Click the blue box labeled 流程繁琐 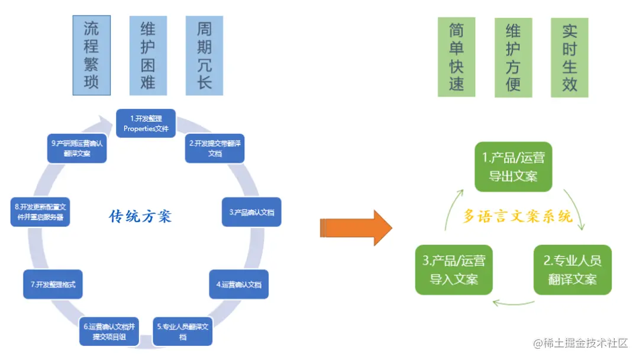(x=91, y=55)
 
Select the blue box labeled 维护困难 (x=148, y=55)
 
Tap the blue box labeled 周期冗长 (x=204, y=55)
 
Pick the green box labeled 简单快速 (x=456, y=57)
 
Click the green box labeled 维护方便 (x=513, y=57)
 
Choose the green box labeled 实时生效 (x=569, y=57)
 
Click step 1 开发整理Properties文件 (x=146, y=123)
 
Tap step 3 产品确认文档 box (x=251, y=211)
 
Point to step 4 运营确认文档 (x=238, y=285)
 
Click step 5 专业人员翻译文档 (x=183, y=332)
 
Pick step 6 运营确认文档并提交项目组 (x=109, y=332)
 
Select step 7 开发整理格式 (x=53, y=285)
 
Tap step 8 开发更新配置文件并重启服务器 (x=40, y=212)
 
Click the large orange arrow (x=356, y=227)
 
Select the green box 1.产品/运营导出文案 (x=513, y=166)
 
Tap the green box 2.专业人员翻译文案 (x=572, y=269)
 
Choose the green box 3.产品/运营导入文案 (x=454, y=269)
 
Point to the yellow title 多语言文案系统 (x=518, y=217)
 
